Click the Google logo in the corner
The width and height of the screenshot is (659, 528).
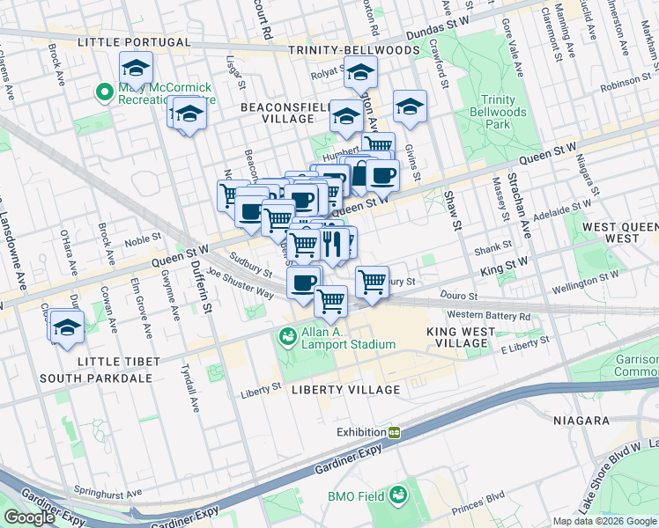tap(29, 517)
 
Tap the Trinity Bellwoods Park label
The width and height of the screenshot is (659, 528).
tap(504, 113)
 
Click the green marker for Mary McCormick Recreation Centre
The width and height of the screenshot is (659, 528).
tap(104, 91)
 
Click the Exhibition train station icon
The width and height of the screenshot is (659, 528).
tap(396, 432)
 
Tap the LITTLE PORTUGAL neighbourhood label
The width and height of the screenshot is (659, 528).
tap(133, 42)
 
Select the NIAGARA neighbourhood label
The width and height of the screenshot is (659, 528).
tap(582, 421)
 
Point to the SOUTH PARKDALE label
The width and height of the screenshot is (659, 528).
tap(97, 378)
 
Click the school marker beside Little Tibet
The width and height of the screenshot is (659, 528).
tap(66, 327)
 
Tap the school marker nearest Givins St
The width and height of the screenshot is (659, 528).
tap(410, 107)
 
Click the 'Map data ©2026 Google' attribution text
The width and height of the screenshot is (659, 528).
tap(603, 521)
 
